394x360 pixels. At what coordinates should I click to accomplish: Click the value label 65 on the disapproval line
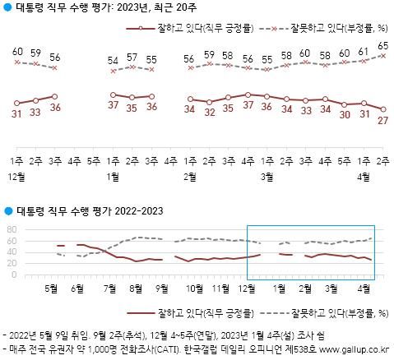(x=383, y=46)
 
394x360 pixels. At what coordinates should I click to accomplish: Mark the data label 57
(x=132, y=58)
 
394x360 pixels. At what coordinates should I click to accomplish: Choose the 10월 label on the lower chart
(x=196, y=289)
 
